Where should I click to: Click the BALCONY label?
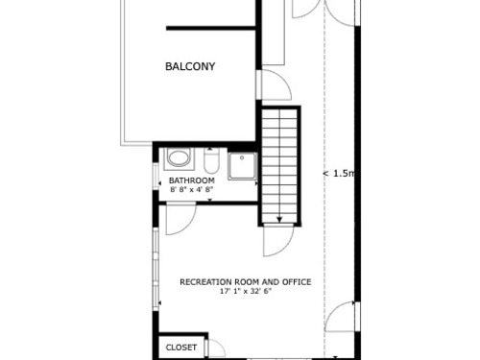click(x=190, y=66)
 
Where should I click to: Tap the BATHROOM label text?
click(x=192, y=180)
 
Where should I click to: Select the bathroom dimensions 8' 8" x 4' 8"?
click(x=192, y=189)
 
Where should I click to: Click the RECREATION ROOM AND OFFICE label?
click(x=246, y=282)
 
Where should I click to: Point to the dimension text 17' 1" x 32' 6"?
click(x=246, y=291)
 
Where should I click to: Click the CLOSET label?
click(x=181, y=348)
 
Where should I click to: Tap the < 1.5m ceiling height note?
click(x=339, y=174)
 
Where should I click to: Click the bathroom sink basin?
click(x=180, y=158)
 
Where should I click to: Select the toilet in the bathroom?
click(x=211, y=160)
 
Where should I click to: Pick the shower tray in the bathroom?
click(x=242, y=166)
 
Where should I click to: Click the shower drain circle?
click(x=242, y=157)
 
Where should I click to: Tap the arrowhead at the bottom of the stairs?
click(x=279, y=220)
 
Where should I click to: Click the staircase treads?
click(x=279, y=166)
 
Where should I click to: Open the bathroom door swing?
click(x=180, y=220)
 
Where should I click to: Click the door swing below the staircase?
click(x=278, y=241)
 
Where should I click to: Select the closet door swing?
click(x=216, y=348)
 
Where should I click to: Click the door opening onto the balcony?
click(x=274, y=84)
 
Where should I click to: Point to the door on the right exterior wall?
click(x=342, y=317)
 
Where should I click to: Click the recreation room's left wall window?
click(x=156, y=269)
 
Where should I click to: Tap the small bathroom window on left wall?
click(x=156, y=177)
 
